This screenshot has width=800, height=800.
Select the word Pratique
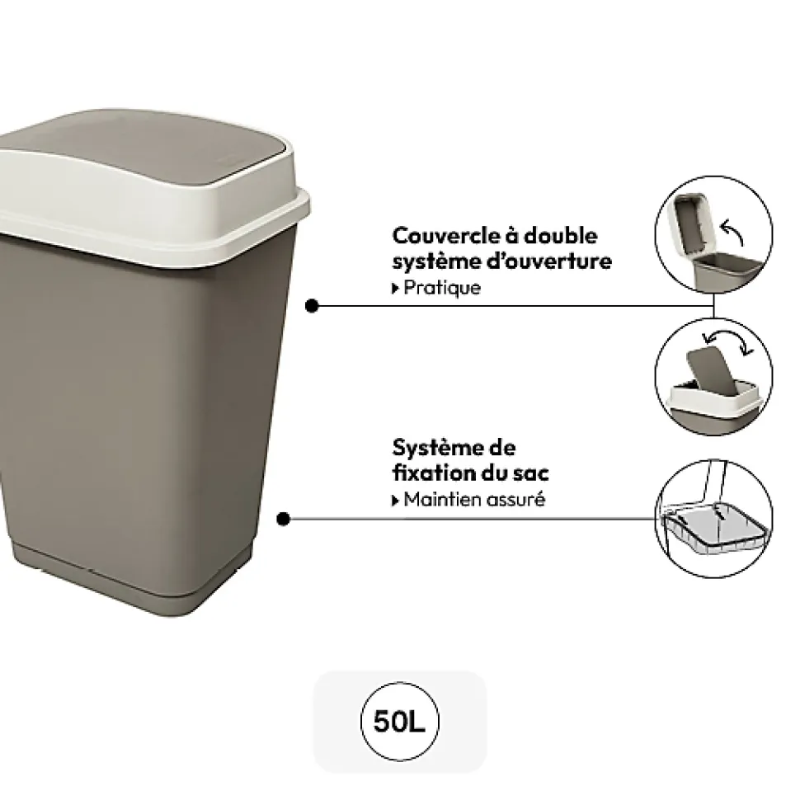click(x=442, y=289)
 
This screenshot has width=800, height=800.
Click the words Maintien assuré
click(x=474, y=500)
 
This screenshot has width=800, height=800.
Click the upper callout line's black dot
click(x=312, y=306)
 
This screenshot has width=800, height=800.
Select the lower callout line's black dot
click(x=284, y=520)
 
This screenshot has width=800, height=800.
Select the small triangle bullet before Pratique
click(x=397, y=289)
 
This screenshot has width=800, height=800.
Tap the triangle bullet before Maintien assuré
click(x=397, y=501)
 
